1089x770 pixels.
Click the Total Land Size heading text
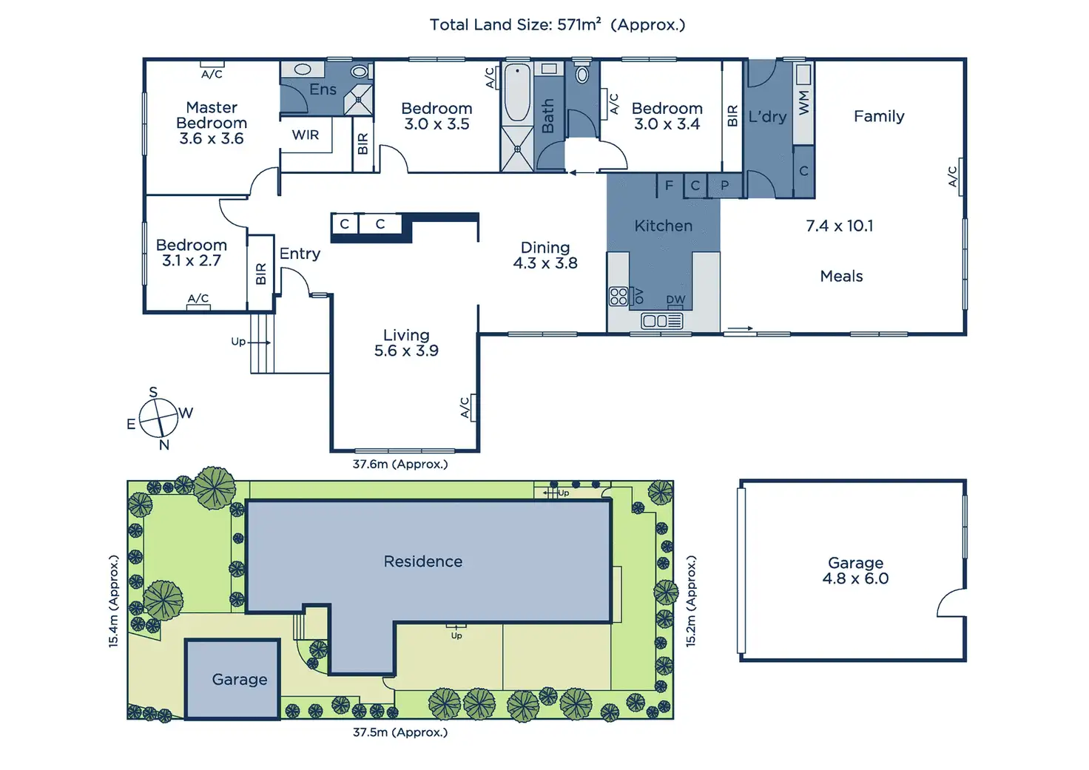tap(557, 24)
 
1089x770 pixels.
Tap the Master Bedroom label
tap(212, 115)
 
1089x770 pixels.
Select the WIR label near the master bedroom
tap(306, 135)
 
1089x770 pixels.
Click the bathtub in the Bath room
tap(517, 93)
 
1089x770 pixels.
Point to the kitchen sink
tap(661, 321)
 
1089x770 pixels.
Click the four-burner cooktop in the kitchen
tap(618, 296)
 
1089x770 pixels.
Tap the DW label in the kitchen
tap(675, 300)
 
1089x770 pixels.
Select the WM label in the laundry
tap(803, 103)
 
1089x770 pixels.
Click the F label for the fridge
tap(669, 185)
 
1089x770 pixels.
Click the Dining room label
tap(545, 248)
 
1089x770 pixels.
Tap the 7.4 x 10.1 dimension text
tap(839, 226)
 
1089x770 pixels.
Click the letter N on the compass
tap(163, 445)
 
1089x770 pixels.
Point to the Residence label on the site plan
tap(423, 561)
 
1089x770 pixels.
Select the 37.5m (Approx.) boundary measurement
tap(400, 732)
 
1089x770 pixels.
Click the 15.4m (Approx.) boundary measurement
tap(113, 601)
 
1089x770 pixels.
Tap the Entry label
tap(300, 254)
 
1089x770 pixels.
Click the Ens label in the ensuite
tap(323, 90)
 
